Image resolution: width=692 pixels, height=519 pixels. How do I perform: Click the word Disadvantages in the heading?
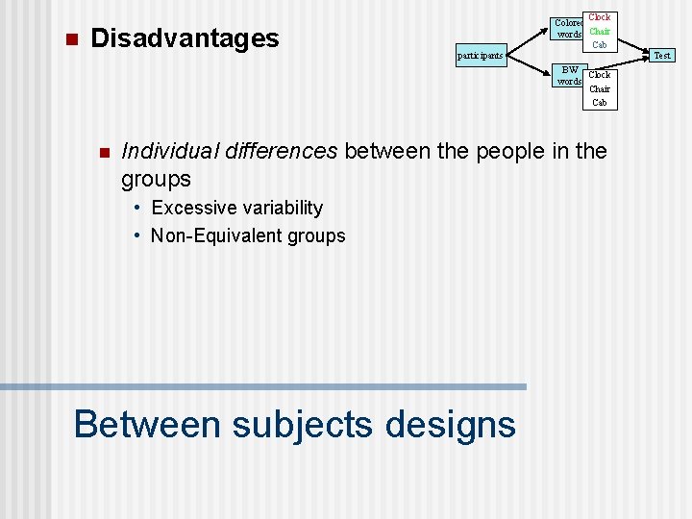coord(184,38)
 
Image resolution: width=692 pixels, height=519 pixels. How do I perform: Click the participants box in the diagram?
coord(480,56)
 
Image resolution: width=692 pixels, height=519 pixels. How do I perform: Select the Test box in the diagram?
coord(662,56)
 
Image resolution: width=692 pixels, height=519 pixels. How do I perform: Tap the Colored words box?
coord(569,29)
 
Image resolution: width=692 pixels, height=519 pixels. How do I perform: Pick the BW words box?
coord(570,75)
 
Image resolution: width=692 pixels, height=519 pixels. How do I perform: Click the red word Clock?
coord(600,17)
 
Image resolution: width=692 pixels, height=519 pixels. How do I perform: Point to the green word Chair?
coord(600,32)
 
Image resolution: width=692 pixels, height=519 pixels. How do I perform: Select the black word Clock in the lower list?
coord(600,75)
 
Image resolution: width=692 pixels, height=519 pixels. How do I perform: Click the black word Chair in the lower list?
coord(600,88)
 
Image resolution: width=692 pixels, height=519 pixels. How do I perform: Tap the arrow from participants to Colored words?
coord(528,41)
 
